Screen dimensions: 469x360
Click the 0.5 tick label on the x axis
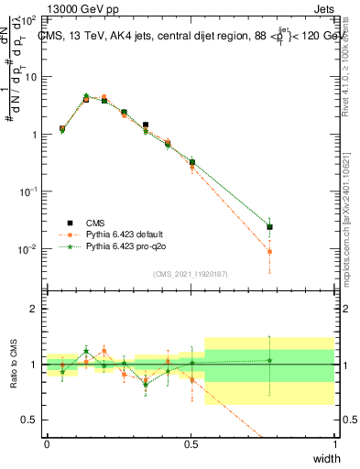[x=191, y=443]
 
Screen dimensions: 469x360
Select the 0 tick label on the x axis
[x=47, y=443]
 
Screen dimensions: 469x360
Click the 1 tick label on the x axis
[x=335, y=443]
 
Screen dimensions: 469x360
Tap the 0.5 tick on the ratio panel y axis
[x=31, y=420]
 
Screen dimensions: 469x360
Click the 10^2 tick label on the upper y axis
[x=29, y=19]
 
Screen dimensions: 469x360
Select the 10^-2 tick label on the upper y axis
[x=29, y=249]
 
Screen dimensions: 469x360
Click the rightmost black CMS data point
[x=269, y=227]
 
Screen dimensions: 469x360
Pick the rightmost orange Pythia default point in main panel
[x=269, y=251]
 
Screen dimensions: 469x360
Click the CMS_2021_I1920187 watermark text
[x=191, y=273]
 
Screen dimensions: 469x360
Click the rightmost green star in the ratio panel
[x=269, y=360]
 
